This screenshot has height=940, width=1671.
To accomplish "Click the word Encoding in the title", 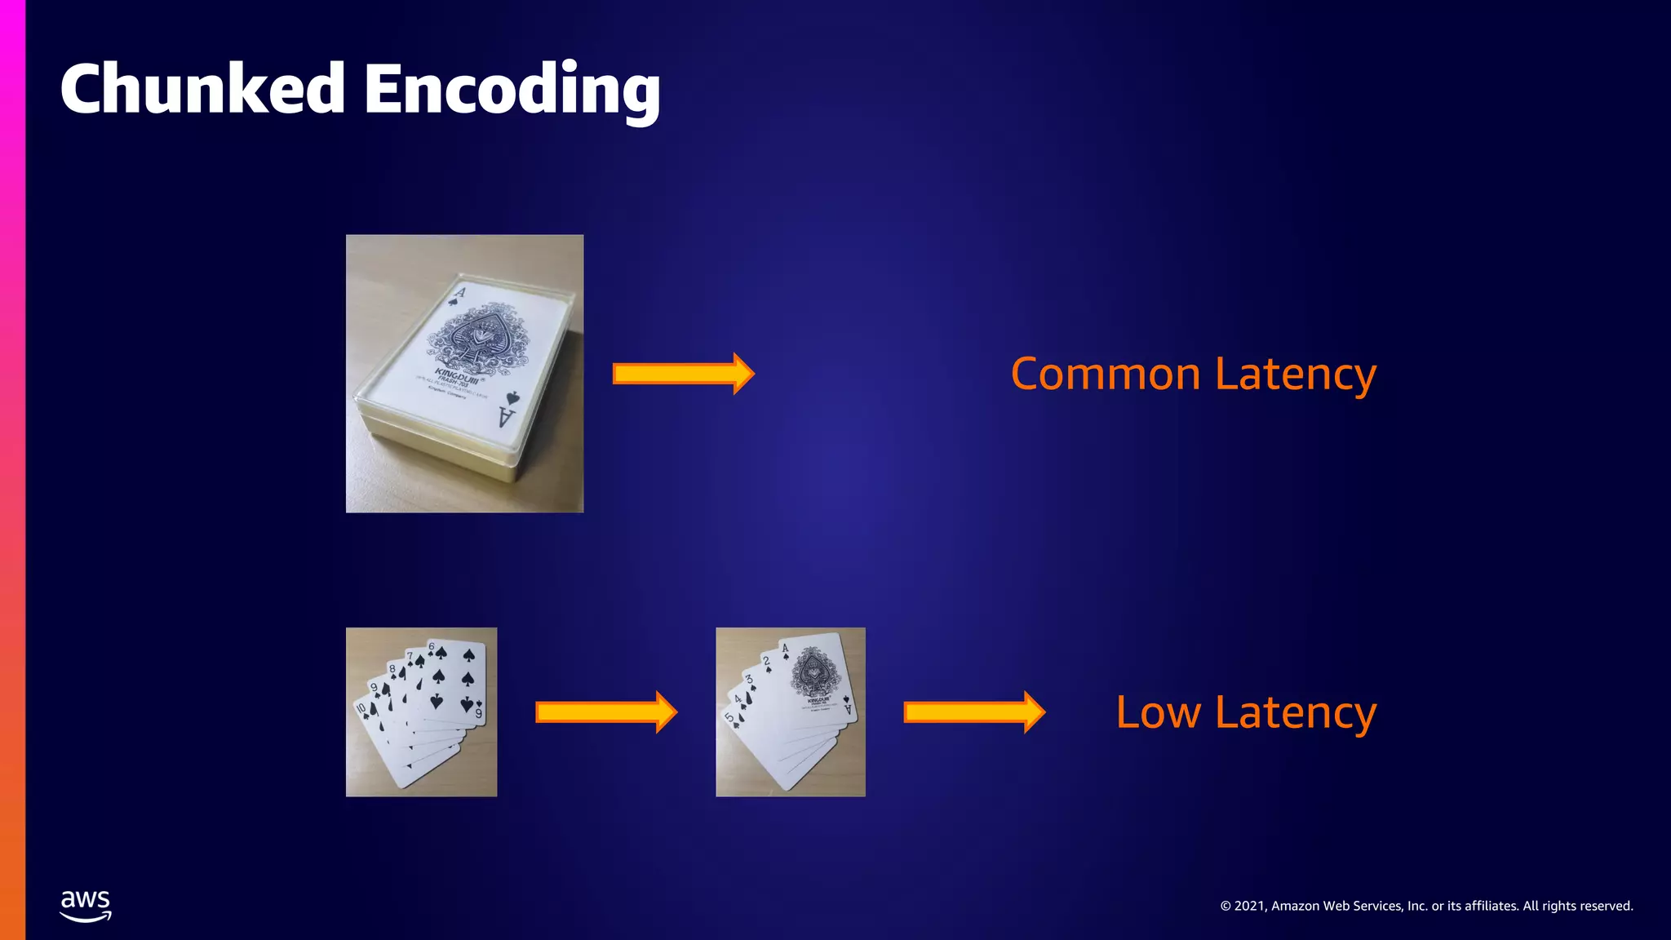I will (512, 90).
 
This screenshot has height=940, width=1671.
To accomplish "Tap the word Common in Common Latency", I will (1105, 375).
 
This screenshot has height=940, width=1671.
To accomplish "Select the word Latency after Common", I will (1296, 376).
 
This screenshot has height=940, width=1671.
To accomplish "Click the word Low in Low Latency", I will (1158, 712).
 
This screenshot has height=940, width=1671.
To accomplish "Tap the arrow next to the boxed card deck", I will (683, 374).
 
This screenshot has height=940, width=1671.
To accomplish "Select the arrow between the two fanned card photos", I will (605, 712).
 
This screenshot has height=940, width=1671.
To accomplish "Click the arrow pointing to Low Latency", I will (973, 712).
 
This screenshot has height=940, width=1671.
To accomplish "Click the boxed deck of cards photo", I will (464, 374).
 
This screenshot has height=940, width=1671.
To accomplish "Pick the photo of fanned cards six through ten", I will (421, 712).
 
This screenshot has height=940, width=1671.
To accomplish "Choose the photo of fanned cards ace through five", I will (790, 712).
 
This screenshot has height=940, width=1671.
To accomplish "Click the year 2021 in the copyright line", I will (1250, 906).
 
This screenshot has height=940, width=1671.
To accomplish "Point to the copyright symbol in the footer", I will (1226, 907).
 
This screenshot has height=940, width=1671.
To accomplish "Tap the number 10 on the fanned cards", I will (361, 708).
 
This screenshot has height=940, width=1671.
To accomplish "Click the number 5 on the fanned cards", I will (729, 717).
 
